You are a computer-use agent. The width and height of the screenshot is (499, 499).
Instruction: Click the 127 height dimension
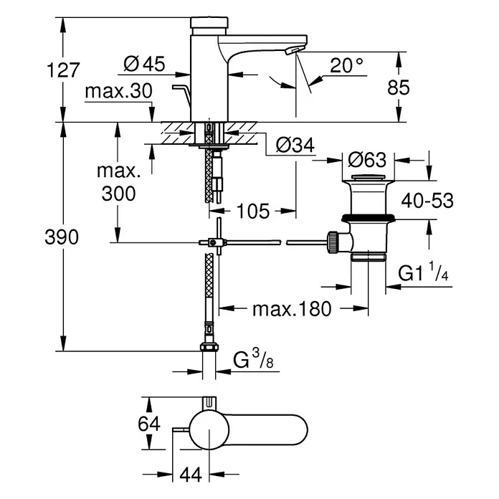(63, 70)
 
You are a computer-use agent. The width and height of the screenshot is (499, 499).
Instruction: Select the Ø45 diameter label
(144, 64)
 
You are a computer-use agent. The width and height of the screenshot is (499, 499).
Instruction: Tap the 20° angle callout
(346, 65)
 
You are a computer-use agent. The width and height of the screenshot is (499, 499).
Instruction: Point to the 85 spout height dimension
(399, 87)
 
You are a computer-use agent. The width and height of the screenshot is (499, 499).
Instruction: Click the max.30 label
(119, 91)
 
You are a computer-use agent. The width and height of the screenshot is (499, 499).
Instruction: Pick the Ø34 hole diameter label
(295, 145)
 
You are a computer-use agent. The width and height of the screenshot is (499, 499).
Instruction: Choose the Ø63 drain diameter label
(367, 160)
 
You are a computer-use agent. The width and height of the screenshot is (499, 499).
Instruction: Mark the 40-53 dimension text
(427, 201)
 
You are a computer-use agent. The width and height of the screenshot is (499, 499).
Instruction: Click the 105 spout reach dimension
(253, 211)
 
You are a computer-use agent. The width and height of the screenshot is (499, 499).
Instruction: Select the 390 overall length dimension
(62, 237)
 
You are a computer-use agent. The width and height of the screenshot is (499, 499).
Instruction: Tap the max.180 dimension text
(292, 309)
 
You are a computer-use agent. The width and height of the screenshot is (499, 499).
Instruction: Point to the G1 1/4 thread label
(423, 272)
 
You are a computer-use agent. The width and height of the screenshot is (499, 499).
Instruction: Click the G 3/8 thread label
(253, 358)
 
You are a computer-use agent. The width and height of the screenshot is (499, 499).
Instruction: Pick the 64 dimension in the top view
(149, 424)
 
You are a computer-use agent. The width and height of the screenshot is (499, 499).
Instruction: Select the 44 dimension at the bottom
(191, 475)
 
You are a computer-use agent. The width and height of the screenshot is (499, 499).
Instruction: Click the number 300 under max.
(118, 194)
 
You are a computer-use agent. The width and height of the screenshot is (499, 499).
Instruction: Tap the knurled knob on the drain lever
(333, 242)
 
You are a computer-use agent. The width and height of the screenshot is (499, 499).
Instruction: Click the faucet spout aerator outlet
(293, 50)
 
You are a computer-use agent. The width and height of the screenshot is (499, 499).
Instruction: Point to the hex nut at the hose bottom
(209, 347)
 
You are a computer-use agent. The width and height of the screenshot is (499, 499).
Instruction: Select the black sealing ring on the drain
(369, 219)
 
